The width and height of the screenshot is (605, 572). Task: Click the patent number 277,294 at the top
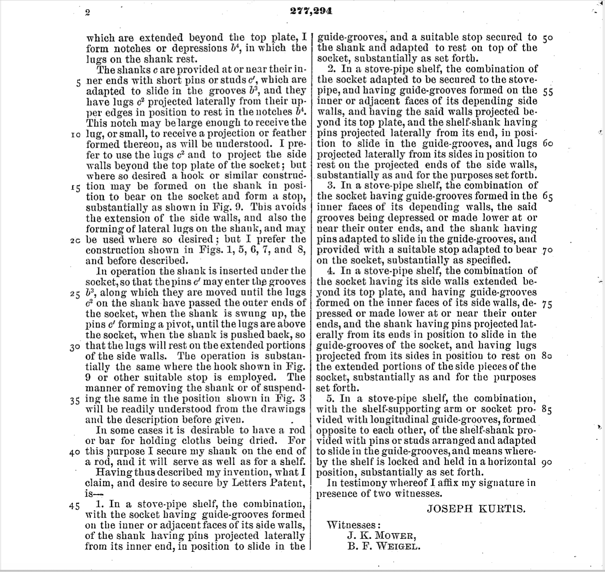click(311, 11)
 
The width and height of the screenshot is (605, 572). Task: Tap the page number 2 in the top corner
click(87, 13)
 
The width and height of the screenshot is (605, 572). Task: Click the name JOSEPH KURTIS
click(476, 509)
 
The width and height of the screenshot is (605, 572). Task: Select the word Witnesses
click(353, 525)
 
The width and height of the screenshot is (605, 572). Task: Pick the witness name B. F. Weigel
click(383, 546)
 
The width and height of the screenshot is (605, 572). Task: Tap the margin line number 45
click(75, 506)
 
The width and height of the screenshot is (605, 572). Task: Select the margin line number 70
click(547, 250)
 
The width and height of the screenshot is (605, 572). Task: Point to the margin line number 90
click(546, 462)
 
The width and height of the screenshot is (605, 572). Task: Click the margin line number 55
click(547, 91)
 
